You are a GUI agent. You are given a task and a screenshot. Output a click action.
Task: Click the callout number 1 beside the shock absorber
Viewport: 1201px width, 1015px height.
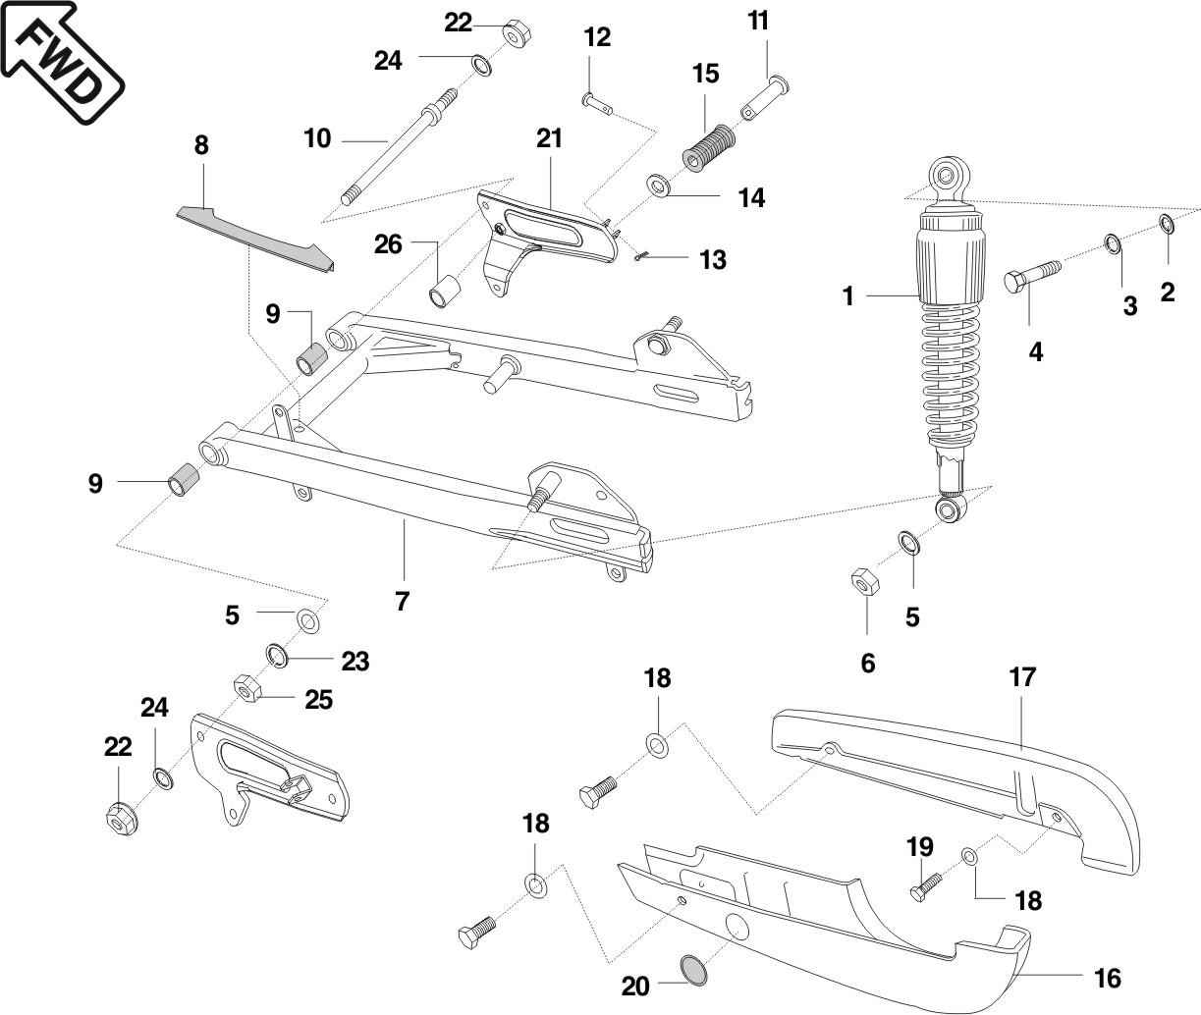848,294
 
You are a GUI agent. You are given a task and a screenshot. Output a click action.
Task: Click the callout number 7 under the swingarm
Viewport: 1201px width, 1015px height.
402,601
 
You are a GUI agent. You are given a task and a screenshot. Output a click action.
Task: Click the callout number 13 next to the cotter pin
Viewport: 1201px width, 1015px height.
712,259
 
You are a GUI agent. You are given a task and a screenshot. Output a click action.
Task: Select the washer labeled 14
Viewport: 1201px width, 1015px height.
657,185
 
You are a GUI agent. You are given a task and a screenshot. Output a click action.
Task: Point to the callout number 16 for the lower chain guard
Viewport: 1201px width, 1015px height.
1107,978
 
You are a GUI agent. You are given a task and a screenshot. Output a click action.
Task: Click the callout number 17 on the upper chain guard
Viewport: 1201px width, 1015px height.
1022,677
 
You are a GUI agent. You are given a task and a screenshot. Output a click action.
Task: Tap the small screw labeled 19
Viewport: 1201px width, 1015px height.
923,885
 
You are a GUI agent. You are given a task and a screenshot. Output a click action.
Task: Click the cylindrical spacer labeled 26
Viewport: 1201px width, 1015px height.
446,292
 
